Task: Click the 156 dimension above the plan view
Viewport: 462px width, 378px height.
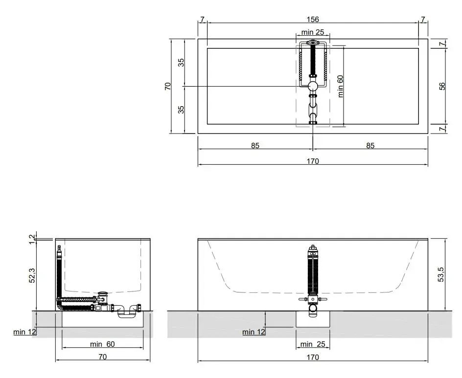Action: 313,20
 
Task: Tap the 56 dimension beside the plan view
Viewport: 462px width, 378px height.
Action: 442,86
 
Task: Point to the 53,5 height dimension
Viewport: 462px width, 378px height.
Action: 441,275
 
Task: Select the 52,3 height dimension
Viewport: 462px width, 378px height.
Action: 32,275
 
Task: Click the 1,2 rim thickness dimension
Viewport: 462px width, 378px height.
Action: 32,239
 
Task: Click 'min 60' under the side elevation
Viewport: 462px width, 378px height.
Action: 102,344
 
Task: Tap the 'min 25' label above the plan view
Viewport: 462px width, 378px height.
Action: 313,32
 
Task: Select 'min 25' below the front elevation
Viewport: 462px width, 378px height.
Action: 313,344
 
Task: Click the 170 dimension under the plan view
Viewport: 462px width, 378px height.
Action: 313,161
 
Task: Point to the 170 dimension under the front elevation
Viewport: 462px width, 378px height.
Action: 313,357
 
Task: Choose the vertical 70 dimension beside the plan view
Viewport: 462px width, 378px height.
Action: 168,86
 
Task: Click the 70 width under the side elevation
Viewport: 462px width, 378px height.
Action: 103,357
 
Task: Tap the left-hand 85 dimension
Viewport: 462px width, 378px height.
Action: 255,146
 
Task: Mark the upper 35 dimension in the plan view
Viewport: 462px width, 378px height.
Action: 181,63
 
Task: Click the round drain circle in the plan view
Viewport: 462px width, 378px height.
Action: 313,86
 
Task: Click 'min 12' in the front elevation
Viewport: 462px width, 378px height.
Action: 254,332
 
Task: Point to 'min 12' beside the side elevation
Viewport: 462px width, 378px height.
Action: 24,332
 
